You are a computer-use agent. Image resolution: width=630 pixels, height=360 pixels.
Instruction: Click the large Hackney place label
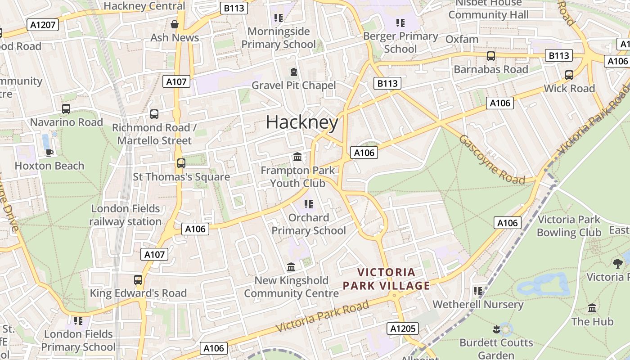click(302, 122)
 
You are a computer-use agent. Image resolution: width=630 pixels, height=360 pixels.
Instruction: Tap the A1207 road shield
click(43, 25)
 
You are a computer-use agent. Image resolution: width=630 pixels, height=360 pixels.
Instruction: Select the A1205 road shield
click(403, 328)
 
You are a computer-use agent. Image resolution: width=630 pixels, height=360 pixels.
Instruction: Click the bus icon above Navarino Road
click(66, 109)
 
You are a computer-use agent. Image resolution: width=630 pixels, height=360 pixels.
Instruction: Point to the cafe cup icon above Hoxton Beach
click(49, 153)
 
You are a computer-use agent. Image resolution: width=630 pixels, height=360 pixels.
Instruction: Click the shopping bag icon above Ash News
click(175, 24)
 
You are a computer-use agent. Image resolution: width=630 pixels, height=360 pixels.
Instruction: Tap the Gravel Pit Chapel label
click(293, 85)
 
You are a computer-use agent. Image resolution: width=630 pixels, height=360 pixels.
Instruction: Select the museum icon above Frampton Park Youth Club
click(297, 157)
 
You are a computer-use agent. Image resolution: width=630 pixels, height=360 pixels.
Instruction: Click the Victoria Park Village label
click(387, 279)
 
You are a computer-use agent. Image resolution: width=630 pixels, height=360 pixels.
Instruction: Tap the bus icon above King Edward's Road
click(138, 280)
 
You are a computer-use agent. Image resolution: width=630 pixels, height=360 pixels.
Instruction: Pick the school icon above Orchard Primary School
click(308, 204)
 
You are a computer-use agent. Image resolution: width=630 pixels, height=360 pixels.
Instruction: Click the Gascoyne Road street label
click(491, 160)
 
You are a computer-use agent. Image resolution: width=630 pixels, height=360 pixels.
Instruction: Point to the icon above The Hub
click(592, 308)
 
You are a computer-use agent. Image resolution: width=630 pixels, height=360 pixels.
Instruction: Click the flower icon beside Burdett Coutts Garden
click(496, 329)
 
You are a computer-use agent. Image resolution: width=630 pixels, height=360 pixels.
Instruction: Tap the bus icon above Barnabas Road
click(491, 56)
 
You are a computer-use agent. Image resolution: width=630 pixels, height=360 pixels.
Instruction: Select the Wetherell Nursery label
click(478, 304)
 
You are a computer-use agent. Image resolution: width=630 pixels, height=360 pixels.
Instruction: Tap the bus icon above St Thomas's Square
click(181, 163)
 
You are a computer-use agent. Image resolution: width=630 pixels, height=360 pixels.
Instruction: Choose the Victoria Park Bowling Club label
click(569, 226)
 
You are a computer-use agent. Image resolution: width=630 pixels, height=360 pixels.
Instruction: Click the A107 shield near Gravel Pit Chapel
click(176, 82)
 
